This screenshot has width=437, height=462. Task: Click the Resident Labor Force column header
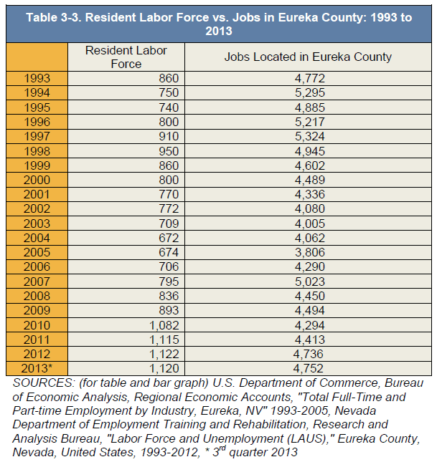126,57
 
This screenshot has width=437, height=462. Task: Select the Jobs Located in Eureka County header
308,57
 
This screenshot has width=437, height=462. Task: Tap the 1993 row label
37,78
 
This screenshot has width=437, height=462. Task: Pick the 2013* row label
37,368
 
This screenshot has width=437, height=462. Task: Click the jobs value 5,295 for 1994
310,93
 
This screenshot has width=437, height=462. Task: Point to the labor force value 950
169,151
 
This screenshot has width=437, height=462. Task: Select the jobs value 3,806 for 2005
310,252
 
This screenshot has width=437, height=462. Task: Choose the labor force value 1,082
164,325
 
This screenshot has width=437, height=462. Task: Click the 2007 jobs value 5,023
310,281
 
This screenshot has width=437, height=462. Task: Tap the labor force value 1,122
164,354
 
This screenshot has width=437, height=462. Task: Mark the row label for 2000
37,180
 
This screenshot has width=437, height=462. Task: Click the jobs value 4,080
310,208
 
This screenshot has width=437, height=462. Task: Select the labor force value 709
169,223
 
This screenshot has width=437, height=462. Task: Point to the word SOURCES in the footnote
44,382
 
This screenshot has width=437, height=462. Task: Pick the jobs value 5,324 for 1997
310,136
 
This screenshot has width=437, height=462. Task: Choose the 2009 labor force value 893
169,310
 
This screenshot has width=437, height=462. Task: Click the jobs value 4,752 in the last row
309,368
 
